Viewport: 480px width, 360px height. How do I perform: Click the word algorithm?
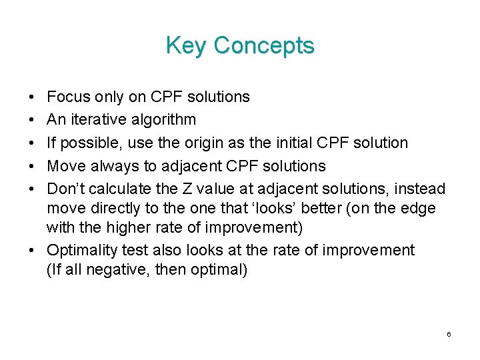tap(163, 121)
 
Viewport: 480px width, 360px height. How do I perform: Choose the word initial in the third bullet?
tap(289, 143)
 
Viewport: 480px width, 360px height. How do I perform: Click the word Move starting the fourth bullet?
tap(65, 165)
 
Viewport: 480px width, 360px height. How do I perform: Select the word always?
tap(111, 165)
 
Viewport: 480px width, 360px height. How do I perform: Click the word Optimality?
tap(81, 251)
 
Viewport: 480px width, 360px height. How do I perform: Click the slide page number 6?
tap(449, 334)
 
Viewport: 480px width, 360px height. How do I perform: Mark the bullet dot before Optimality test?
tap(33, 251)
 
